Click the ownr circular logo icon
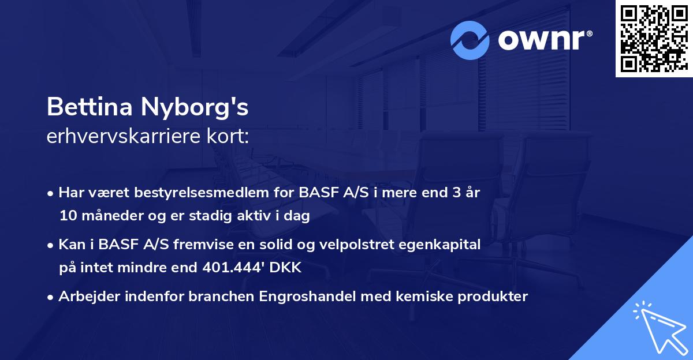pyautogui.click(x=470, y=40)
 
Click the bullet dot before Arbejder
pyautogui.click(x=51, y=297)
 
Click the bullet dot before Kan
pyautogui.click(x=51, y=245)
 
